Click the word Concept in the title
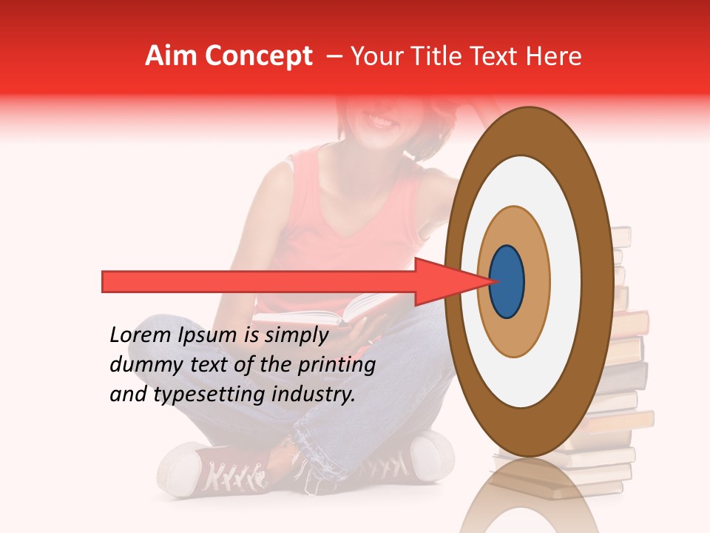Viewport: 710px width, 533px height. coord(258,56)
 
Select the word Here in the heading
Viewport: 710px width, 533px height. coord(555,56)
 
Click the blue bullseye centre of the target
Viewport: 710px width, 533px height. coord(507,281)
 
